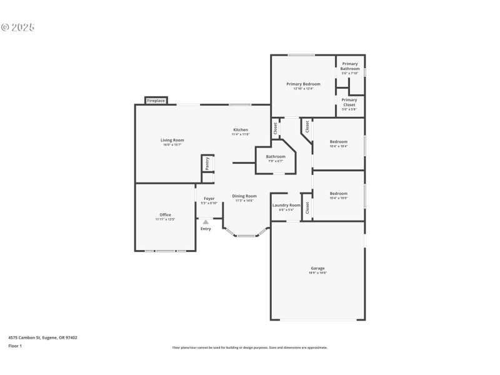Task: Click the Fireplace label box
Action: pos(156,101)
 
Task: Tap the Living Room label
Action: pos(172,141)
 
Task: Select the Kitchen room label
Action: pos(241,130)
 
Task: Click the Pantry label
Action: pos(207,163)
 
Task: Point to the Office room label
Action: pos(165,215)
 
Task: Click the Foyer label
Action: pos(209,199)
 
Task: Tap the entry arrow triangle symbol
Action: pos(206,221)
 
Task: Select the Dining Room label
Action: pos(244,196)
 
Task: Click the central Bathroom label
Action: pos(276,157)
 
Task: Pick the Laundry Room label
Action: pos(286,205)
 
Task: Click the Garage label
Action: pos(317,268)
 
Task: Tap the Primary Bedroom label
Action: pos(303,84)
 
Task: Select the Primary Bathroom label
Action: pos(349,66)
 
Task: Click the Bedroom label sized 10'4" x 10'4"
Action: pos(339,142)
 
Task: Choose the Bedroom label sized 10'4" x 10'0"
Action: pos(339,194)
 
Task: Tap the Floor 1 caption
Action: pos(15,346)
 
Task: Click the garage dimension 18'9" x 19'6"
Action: pos(317,273)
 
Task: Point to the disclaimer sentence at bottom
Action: pos(249,347)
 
